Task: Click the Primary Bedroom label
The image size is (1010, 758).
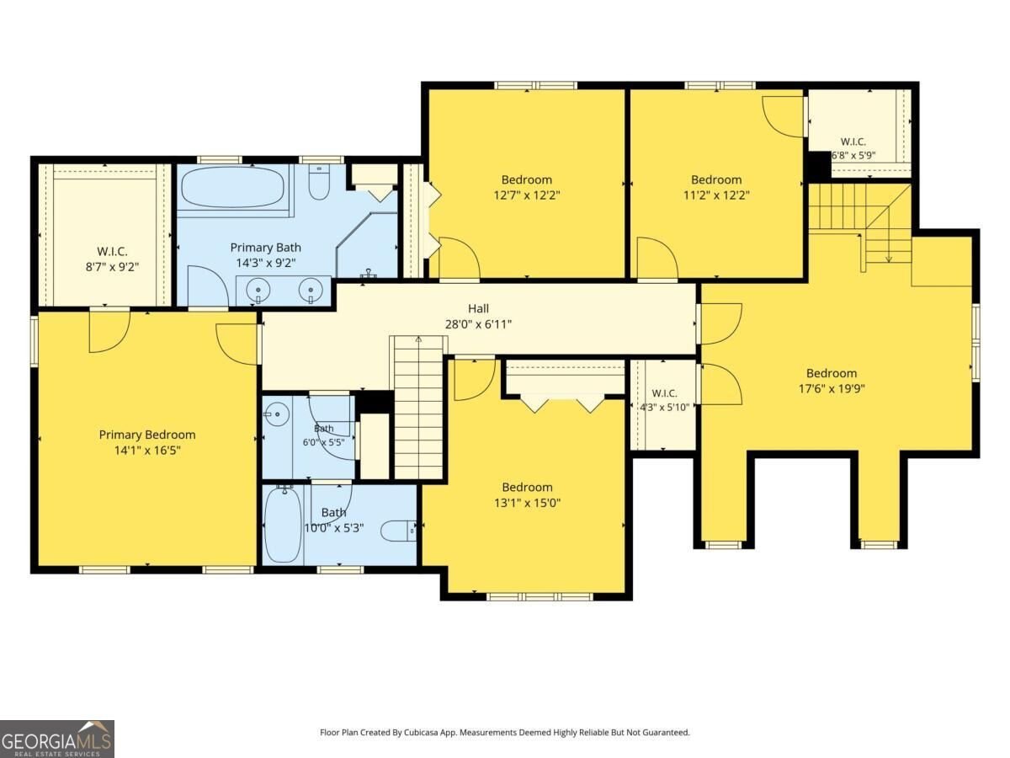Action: pyautogui.click(x=147, y=435)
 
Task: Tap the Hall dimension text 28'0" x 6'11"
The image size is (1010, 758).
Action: pyautogui.click(x=478, y=324)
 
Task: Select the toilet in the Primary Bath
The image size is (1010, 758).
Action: pyautogui.click(x=319, y=182)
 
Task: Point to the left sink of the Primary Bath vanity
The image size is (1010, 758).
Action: pyautogui.click(x=258, y=290)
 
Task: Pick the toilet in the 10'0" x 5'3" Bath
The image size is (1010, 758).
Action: pyautogui.click(x=398, y=531)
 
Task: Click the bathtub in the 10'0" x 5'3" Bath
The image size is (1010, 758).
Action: pyautogui.click(x=284, y=526)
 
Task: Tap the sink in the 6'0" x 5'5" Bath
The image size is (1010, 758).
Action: pyautogui.click(x=278, y=414)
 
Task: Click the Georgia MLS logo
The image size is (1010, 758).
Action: pyautogui.click(x=57, y=739)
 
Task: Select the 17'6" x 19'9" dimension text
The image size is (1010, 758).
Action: pyautogui.click(x=832, y=388)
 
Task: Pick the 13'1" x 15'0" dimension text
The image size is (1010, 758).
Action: pyautogui.click(x=528, y=503)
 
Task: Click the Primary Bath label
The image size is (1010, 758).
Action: pyautogui.click(x=265, y=248)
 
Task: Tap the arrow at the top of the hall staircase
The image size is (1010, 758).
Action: pyautogui.click(x=418, y=339)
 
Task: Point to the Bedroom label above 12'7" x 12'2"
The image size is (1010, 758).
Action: pyautogui.click(x=527, y=179)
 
